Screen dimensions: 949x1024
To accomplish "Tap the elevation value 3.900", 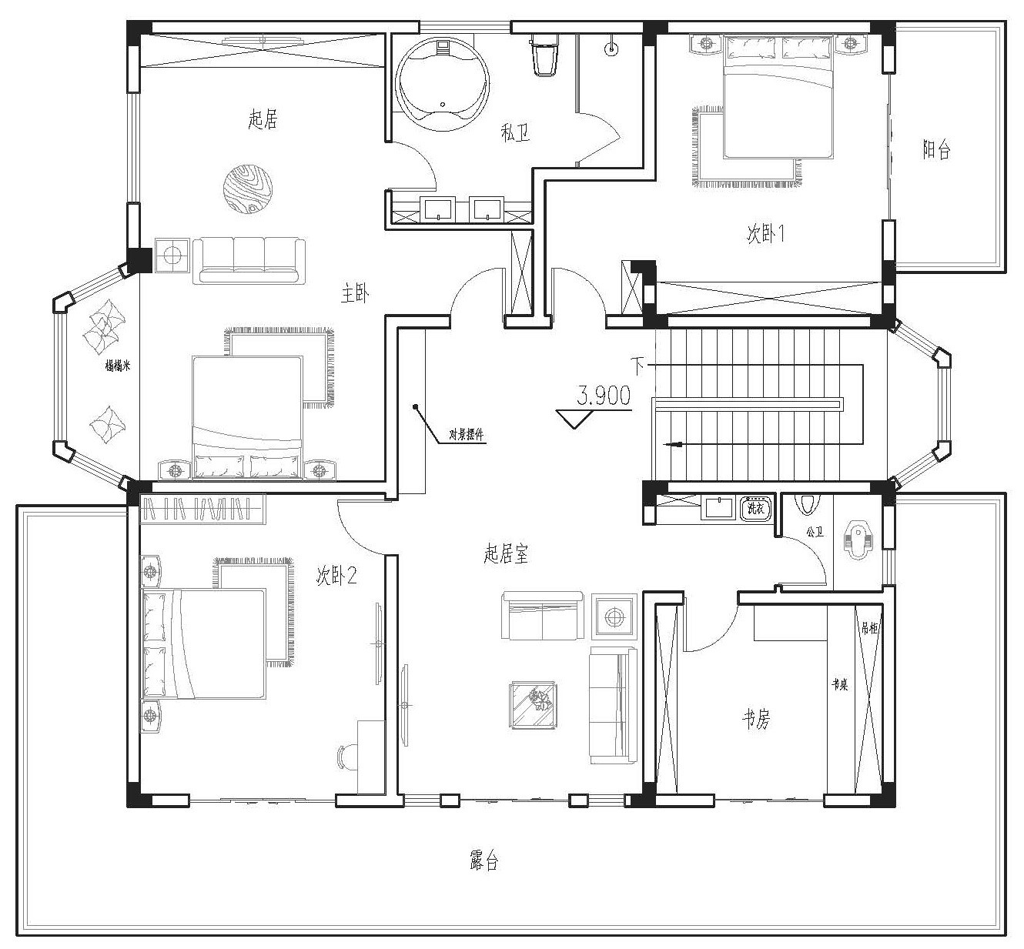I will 604,396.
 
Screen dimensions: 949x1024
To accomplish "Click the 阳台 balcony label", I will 936,149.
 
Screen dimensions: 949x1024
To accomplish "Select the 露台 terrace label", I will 484,860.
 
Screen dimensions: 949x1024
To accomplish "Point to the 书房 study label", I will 755,720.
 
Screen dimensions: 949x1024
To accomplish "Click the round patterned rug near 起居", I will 248,189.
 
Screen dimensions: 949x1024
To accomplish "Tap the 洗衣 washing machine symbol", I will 755,508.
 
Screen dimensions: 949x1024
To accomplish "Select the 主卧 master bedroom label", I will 356,293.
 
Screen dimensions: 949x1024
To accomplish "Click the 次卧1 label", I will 765,234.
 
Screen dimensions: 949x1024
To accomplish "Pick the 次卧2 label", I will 336,576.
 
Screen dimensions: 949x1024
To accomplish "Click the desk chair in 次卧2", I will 347,757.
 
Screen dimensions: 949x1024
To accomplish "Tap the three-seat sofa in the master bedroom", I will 249,260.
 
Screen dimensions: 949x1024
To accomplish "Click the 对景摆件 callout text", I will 467,434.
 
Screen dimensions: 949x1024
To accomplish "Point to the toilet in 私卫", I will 545,55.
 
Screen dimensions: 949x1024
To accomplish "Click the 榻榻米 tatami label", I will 118,366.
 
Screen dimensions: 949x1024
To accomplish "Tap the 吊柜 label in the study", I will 869,629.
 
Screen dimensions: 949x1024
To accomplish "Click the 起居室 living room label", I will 506,553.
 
